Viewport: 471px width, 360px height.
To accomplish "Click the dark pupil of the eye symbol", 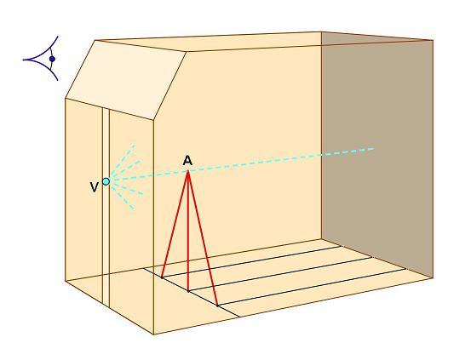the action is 52,59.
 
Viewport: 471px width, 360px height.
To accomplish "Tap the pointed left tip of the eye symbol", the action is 23,60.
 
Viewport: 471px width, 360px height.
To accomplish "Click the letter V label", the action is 95,187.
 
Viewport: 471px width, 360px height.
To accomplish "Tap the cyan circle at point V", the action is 106,181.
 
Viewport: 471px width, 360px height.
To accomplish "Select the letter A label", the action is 187,160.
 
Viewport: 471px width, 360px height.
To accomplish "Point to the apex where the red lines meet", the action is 188,171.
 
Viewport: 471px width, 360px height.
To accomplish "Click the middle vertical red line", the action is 188,231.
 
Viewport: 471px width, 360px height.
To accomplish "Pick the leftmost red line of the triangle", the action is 175,225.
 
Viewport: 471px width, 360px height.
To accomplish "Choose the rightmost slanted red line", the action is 203,238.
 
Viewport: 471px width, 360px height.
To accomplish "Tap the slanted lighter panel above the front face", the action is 125,80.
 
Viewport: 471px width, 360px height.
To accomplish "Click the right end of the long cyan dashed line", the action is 374,149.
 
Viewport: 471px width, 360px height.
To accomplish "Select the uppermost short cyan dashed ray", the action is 123,159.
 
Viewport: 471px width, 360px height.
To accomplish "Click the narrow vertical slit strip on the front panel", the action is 106,207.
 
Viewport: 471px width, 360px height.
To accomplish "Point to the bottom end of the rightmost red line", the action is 217,306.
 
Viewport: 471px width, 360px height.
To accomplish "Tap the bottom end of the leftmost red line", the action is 162,277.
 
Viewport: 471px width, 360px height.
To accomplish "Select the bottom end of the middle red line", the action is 188,291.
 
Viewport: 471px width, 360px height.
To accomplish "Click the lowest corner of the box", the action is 154,334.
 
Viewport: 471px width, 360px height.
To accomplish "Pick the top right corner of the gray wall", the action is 433,40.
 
